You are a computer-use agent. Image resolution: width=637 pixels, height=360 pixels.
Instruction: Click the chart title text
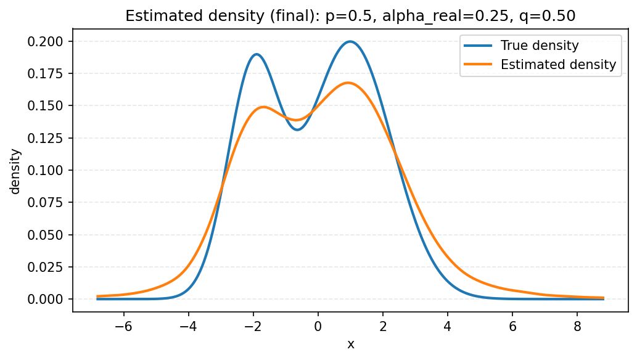pyautogui.click(x=350, y=17)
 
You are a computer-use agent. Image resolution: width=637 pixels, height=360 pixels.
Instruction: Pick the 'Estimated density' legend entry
pyautogui.click(x=558, y=64)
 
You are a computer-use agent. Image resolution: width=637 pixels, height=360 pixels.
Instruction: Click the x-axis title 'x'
pyautogui.click(x=350, y=344)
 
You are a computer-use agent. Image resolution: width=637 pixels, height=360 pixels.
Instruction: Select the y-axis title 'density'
pyautogui.click(x=15, y=170)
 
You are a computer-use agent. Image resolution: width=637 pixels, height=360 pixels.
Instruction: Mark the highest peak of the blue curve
pyautogui.click(x=350, y=41)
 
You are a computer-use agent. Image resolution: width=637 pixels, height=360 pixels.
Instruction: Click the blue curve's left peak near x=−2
pyautogui.click(x=257, y=54)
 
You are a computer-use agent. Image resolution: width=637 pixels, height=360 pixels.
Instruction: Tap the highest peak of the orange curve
pyautogui.click(x=348, y=83)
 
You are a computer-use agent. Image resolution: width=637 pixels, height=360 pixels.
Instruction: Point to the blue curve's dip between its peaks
pyautogui.click(x=297, y=129)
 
